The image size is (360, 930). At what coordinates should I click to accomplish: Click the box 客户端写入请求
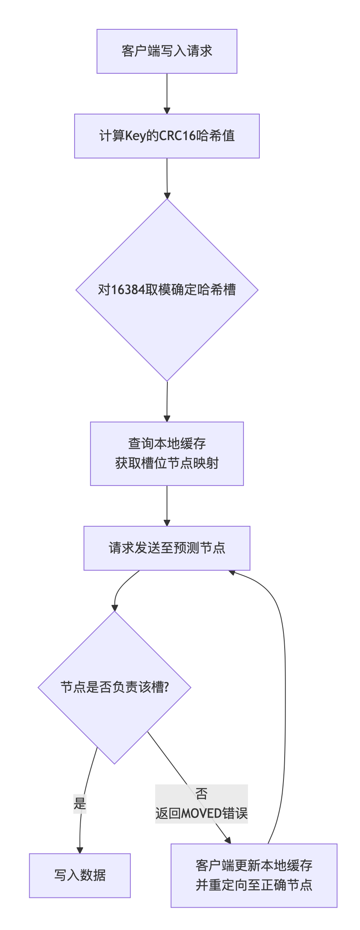pyautogui.click(x=167, y=51)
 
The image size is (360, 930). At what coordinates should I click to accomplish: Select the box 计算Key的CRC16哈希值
pyautogui.click(x=167, y=136)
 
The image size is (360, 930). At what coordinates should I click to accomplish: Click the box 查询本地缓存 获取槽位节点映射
pyautogui.click(x=167, y=453)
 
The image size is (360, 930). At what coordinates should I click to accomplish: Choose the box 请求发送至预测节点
pyautogui.click(x=167, y=548)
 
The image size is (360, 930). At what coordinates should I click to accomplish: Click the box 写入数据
pyautogui.click(x=80, y=875)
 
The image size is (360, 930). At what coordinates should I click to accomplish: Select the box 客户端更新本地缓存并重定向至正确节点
pyautogui.click(x=254, y=875)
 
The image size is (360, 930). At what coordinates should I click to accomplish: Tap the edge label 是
pyautogui.click(x=80, y=804)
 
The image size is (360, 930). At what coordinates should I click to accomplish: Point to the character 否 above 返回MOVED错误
pyautogui.click(x=202, y=794)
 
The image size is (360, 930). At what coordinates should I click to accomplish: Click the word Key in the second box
pyautogui.click(x=135, y=136)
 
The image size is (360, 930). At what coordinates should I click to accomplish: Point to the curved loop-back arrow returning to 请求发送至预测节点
pyautogui.click(x=285, y=693)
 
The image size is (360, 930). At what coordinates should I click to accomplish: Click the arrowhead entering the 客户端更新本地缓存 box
pyautogui.click(x=228, y=840)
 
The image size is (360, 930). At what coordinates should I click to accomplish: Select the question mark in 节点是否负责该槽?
pyautogui.click(x=166, y=687)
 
